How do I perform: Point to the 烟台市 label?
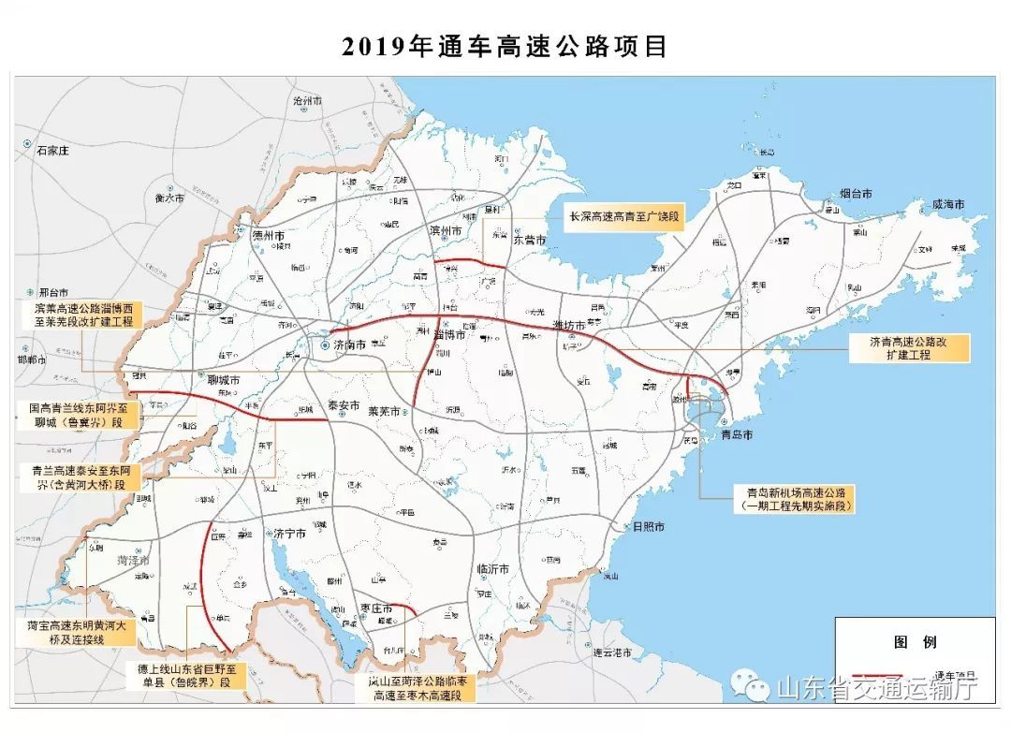(x=856, y=194)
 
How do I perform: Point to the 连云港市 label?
(x=611, y=652)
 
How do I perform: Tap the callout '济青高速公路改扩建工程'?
(x=909, y=348)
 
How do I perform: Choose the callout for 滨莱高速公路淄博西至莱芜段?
(x=80, y=315)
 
